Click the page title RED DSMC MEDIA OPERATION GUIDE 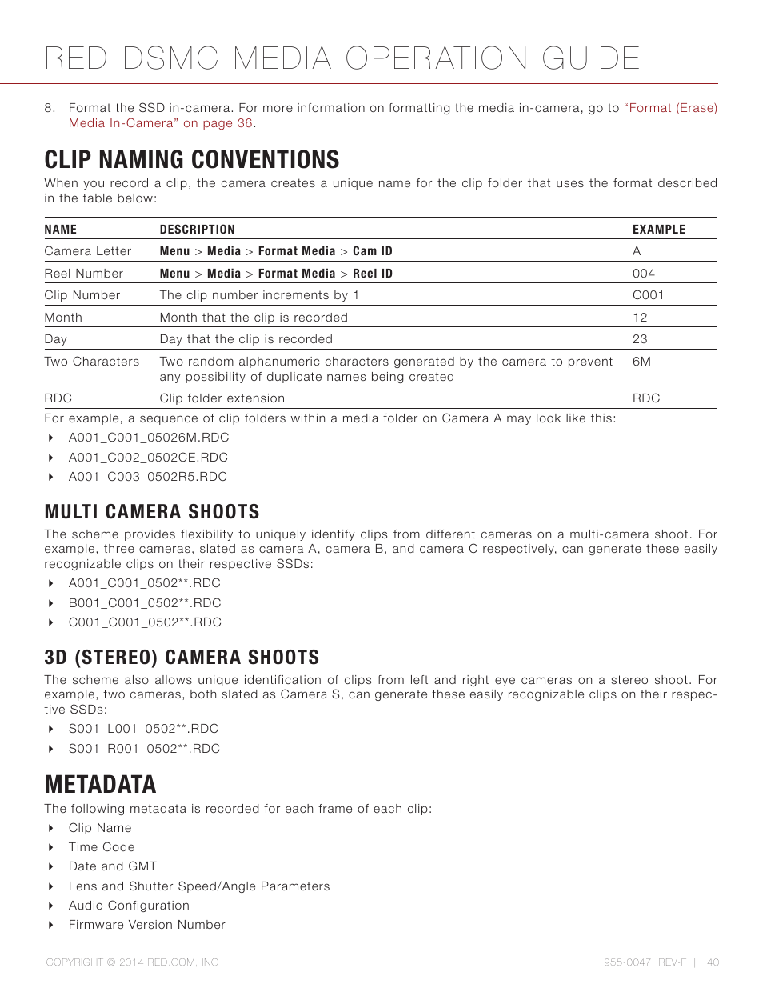tap(342, 58)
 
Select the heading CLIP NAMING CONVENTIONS tap(192, 160)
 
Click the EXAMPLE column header tap(659, 230)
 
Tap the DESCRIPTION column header tap(198, 230)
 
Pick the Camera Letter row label tap(88, 251)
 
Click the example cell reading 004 tap(644, 274)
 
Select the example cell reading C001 tap(649, 295)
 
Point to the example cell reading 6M tap(641, 362)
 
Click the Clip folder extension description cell tap(222, 398)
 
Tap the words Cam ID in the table tap(373, 251)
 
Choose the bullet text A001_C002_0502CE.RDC tap(148, 458)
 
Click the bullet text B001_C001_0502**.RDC tap(145, 603)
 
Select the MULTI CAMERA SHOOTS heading tap(152, 512)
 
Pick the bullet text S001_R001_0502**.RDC tap(144, 749)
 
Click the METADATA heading tap(101, 785)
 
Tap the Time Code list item tap(102, 847)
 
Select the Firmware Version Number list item tap(147, 925)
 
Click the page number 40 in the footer tap(713, 962)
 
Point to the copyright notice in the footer tap(132, 962)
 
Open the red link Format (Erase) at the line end tap(673, 108)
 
